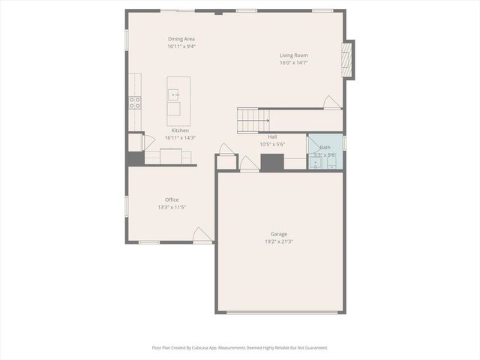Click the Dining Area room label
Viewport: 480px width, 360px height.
(181, 39)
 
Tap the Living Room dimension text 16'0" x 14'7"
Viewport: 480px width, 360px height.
(294, 62)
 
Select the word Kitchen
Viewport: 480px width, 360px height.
(180, 130)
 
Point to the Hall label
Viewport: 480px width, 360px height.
(272, 136)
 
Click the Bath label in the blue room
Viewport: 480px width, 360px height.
(325, 148)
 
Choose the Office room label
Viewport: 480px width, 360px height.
(172, 199)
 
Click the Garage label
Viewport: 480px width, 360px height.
(279, 234)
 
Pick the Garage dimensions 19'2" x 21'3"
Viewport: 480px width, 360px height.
(278, 241)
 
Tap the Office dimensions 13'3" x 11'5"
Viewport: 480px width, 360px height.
(172, 207)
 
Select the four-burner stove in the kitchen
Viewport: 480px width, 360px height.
(135, 103)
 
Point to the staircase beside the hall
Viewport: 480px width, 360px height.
(253, 118)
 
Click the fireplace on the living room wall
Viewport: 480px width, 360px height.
(348, 59)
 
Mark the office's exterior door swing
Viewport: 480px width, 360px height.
(202, 235)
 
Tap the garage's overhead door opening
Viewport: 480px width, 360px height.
(281, 312)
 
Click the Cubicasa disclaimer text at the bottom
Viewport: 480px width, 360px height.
(240, 347)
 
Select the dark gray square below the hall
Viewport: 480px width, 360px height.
(272, 162)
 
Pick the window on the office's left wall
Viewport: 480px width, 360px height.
(126, 204)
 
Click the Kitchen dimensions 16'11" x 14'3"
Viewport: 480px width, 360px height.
(180, 138)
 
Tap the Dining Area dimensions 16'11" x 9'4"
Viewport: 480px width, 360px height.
(181, 46)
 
